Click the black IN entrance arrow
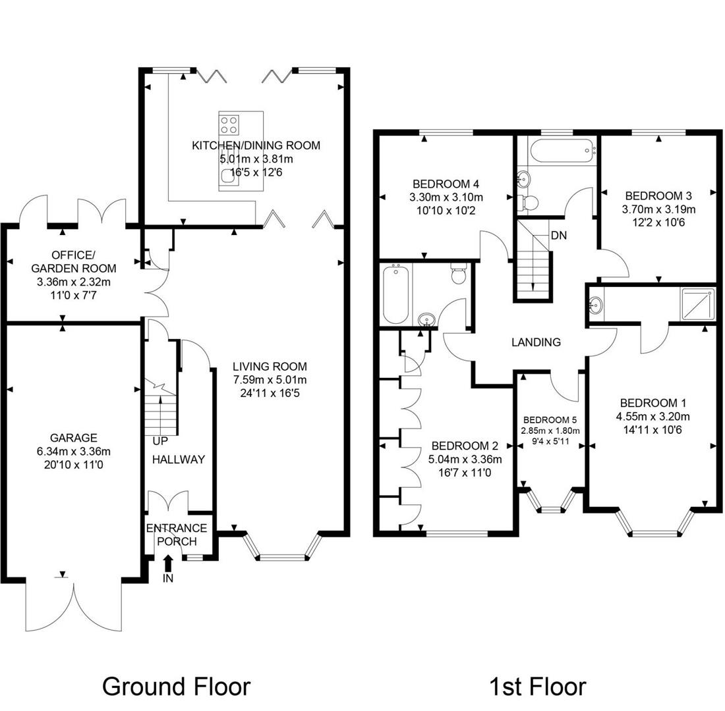pyautogui.click(x=167, y=564)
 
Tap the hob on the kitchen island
pyautogui.click(x=229, y=124)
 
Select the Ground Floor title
pyautogui.click(x=176, y=686)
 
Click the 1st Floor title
pyautogui.click(x=536, y=686)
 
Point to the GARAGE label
pyautogui.click(x=73, y=438)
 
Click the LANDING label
pyautogui.click(x=536, y=342)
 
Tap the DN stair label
pyautogui.click(x=559, y=235)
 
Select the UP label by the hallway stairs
pyautogui.click(x=159, y=440)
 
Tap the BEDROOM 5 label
pyautogui.click(x=550, y=420)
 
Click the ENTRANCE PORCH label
pyautogui.click(x=177, y=535)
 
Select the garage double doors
pyautogui.click(x=74, y=602)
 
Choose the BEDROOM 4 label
pyautogui.click(x=445, y=184)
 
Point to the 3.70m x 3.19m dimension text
pyautogui.click(x=660, y=209)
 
